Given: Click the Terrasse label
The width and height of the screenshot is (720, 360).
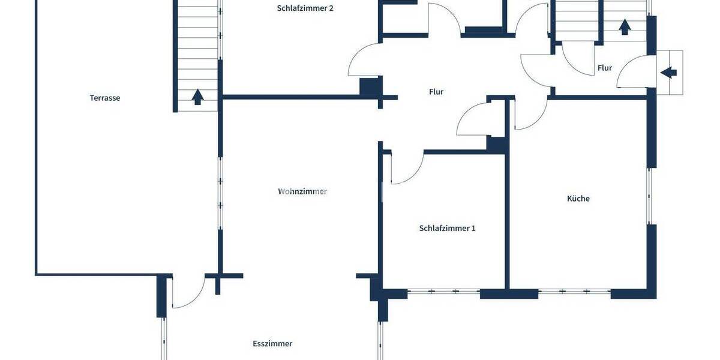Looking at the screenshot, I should point(105,98).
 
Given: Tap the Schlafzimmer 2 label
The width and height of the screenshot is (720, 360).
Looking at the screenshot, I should point(305,8).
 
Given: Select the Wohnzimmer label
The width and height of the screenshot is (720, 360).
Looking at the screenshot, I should point(302,191).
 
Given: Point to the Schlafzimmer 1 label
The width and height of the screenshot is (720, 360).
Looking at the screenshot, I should point(447,228).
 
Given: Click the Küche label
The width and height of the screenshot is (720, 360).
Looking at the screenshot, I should point(578,198).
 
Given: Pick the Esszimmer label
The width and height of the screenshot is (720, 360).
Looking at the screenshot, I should point(272,344).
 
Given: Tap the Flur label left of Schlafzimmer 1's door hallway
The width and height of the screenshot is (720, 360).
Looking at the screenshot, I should point(436,92).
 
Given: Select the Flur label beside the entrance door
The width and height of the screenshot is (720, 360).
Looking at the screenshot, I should point(605,68).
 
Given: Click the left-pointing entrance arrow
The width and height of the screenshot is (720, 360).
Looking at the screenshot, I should point(668,73).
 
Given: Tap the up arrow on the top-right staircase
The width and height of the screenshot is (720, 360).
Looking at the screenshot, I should point(625,26).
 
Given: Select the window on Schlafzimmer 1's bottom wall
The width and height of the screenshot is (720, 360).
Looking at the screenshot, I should point(443,291).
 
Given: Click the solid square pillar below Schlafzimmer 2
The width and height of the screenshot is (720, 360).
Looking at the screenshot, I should point(369,87).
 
